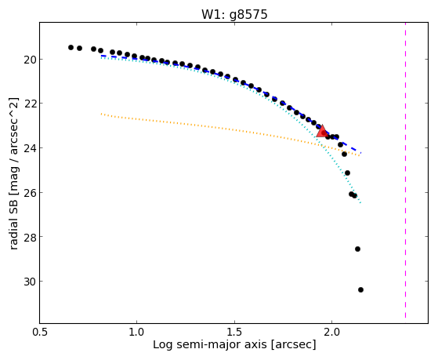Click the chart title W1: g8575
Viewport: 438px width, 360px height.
(x=234, y=14)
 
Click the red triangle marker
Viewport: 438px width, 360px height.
(x=322, y=131)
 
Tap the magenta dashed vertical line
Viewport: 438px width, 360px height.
(x=405, y=170)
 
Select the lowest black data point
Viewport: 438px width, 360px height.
(x=360, y=289)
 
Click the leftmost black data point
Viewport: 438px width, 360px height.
(x=71, y=48)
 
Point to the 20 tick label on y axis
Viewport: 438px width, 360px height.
(x=30, y=60)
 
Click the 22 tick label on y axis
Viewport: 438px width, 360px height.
(x=30, y=104)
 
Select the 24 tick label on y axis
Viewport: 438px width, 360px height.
(x=30, y=148)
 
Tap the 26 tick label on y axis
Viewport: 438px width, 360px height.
(x=30, y=192)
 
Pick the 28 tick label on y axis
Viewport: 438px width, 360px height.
(x=30, y=237)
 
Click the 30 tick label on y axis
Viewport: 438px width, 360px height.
(x=30, y=282)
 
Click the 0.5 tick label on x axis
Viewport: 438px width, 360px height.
(x=40, y=332)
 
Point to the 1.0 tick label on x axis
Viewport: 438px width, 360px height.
(x=137, y=332)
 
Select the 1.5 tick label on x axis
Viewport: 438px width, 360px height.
(x=234, y=332)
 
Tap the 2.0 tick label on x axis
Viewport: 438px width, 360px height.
(x=331, y=332)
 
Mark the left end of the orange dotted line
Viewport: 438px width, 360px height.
(x=101, y=114)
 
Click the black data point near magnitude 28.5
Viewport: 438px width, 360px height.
(x=357, y=249)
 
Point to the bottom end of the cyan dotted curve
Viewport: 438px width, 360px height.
(x=360, y=202)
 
